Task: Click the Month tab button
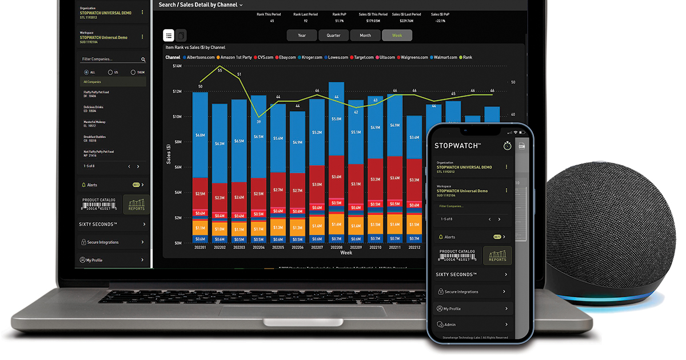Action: click(x=365, y=35)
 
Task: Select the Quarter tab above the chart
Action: click(x=333, y=35)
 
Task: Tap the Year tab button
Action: click(x=302, y=35)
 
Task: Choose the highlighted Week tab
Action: click(x=397, y=35)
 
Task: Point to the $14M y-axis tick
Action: click(x=177, y=66)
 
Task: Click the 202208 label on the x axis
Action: click(x=336, y=247)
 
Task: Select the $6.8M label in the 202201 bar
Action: click(x=200, y=135)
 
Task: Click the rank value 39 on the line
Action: click(x=258, y=121)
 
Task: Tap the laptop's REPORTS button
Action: click(x=137, y=205)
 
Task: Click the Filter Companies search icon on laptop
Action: click(x=143, y=59)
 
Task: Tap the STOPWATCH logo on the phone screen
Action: click(x=457, y=146)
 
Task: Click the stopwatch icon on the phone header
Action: click(x=507, y=146)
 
